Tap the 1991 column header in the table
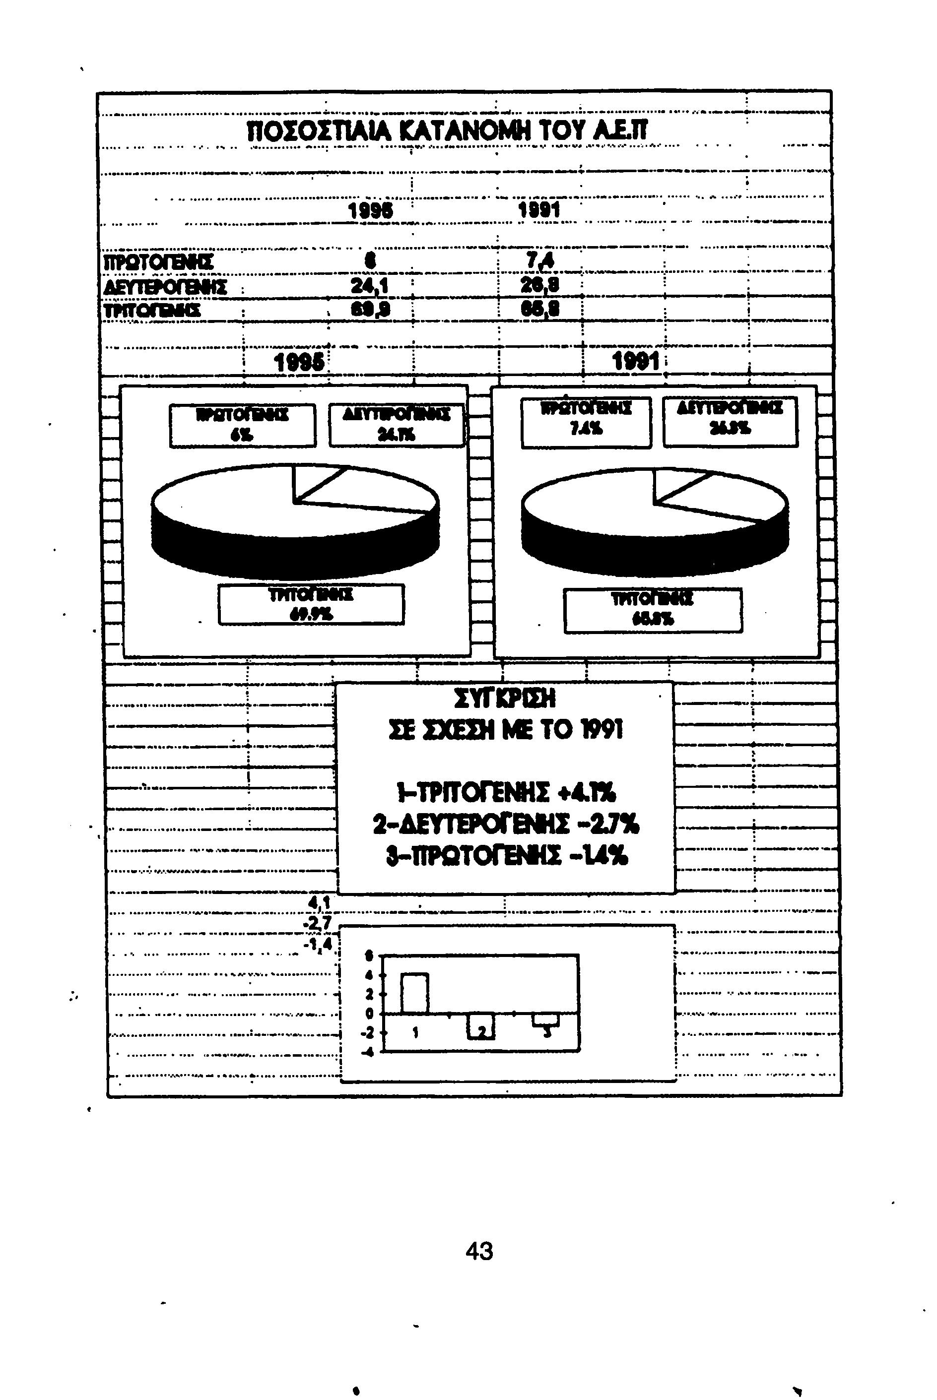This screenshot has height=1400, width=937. point(538,210)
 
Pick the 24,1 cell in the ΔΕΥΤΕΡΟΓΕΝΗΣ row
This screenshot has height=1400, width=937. point(369,287)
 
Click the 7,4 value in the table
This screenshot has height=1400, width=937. point(538,261)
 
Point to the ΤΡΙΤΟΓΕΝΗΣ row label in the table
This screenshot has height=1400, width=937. point(152,311)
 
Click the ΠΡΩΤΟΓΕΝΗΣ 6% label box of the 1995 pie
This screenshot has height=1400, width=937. point(242,426)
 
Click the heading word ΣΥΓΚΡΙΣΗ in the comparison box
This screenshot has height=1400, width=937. point(505,698)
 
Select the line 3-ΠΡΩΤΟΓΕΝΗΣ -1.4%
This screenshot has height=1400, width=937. point(506,858)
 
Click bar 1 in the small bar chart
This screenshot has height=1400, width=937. point(414,993)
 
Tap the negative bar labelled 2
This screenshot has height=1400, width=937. point(480,1026)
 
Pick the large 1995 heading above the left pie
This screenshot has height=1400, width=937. point(299,362)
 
